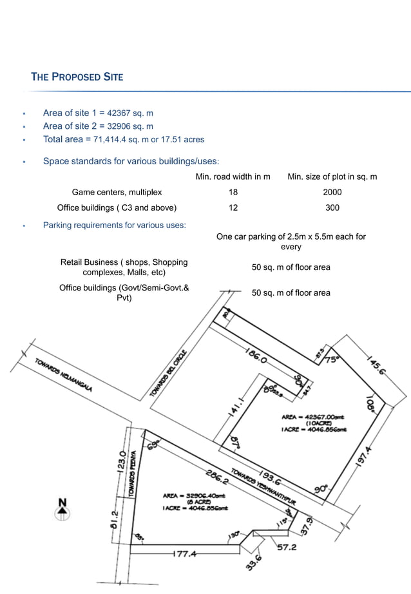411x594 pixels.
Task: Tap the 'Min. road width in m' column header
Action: tap(233, 177)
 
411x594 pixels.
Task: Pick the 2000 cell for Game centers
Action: tap(332, 192)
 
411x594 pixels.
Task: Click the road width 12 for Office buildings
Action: tap(233, 207)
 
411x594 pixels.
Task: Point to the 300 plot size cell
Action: tap(332, 207)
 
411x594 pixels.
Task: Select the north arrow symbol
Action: tap(62, 509)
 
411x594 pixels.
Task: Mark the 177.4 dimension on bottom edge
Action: tap(184, 554)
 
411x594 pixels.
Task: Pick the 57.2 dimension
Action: tap(287, 548)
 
